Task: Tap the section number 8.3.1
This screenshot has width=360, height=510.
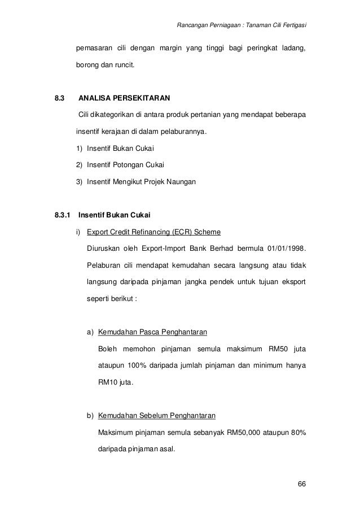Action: point(62,215)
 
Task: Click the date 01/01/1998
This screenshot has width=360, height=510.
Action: point(286,249)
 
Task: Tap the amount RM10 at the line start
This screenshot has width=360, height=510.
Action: point(107,382)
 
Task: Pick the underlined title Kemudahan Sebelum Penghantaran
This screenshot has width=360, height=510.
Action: point(156,417)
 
